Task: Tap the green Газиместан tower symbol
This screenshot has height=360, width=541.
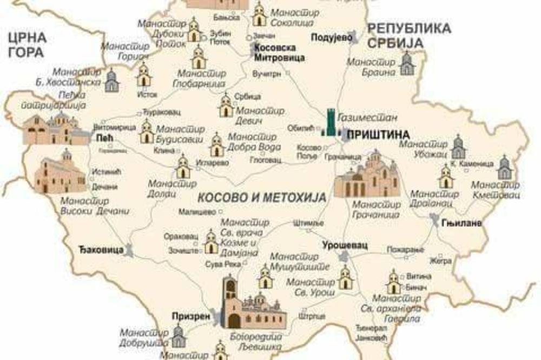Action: tap(330, 123)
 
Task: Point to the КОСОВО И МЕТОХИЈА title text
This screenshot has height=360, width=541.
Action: tap(262, 198)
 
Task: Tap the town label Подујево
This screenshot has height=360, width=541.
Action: tap(332, 37)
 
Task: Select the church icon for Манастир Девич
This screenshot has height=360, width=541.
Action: tap(226, 105)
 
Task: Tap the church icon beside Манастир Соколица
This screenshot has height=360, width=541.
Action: tap(260, 15)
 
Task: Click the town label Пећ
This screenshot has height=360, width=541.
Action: tap(103, 138)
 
